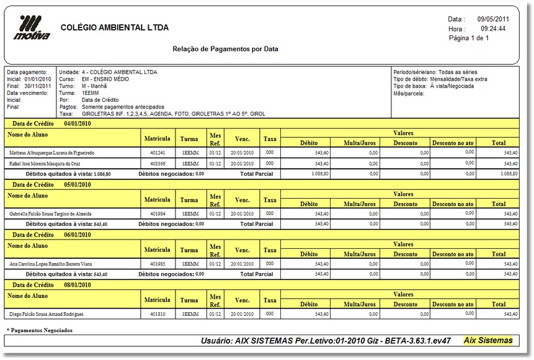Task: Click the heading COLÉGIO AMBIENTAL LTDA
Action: point(115,28)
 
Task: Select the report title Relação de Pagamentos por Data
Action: point(225,48)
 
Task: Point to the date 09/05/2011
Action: point(493,19)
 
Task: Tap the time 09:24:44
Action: point(492,29)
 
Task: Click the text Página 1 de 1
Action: point(469,38)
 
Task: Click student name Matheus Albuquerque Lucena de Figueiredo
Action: point(52,152)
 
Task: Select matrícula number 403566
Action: point(158,163)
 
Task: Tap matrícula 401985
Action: point(158,264)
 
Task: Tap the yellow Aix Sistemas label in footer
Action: point(488,340)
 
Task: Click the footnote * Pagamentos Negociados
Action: point(40,330)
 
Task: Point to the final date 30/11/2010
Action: point(40,86)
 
